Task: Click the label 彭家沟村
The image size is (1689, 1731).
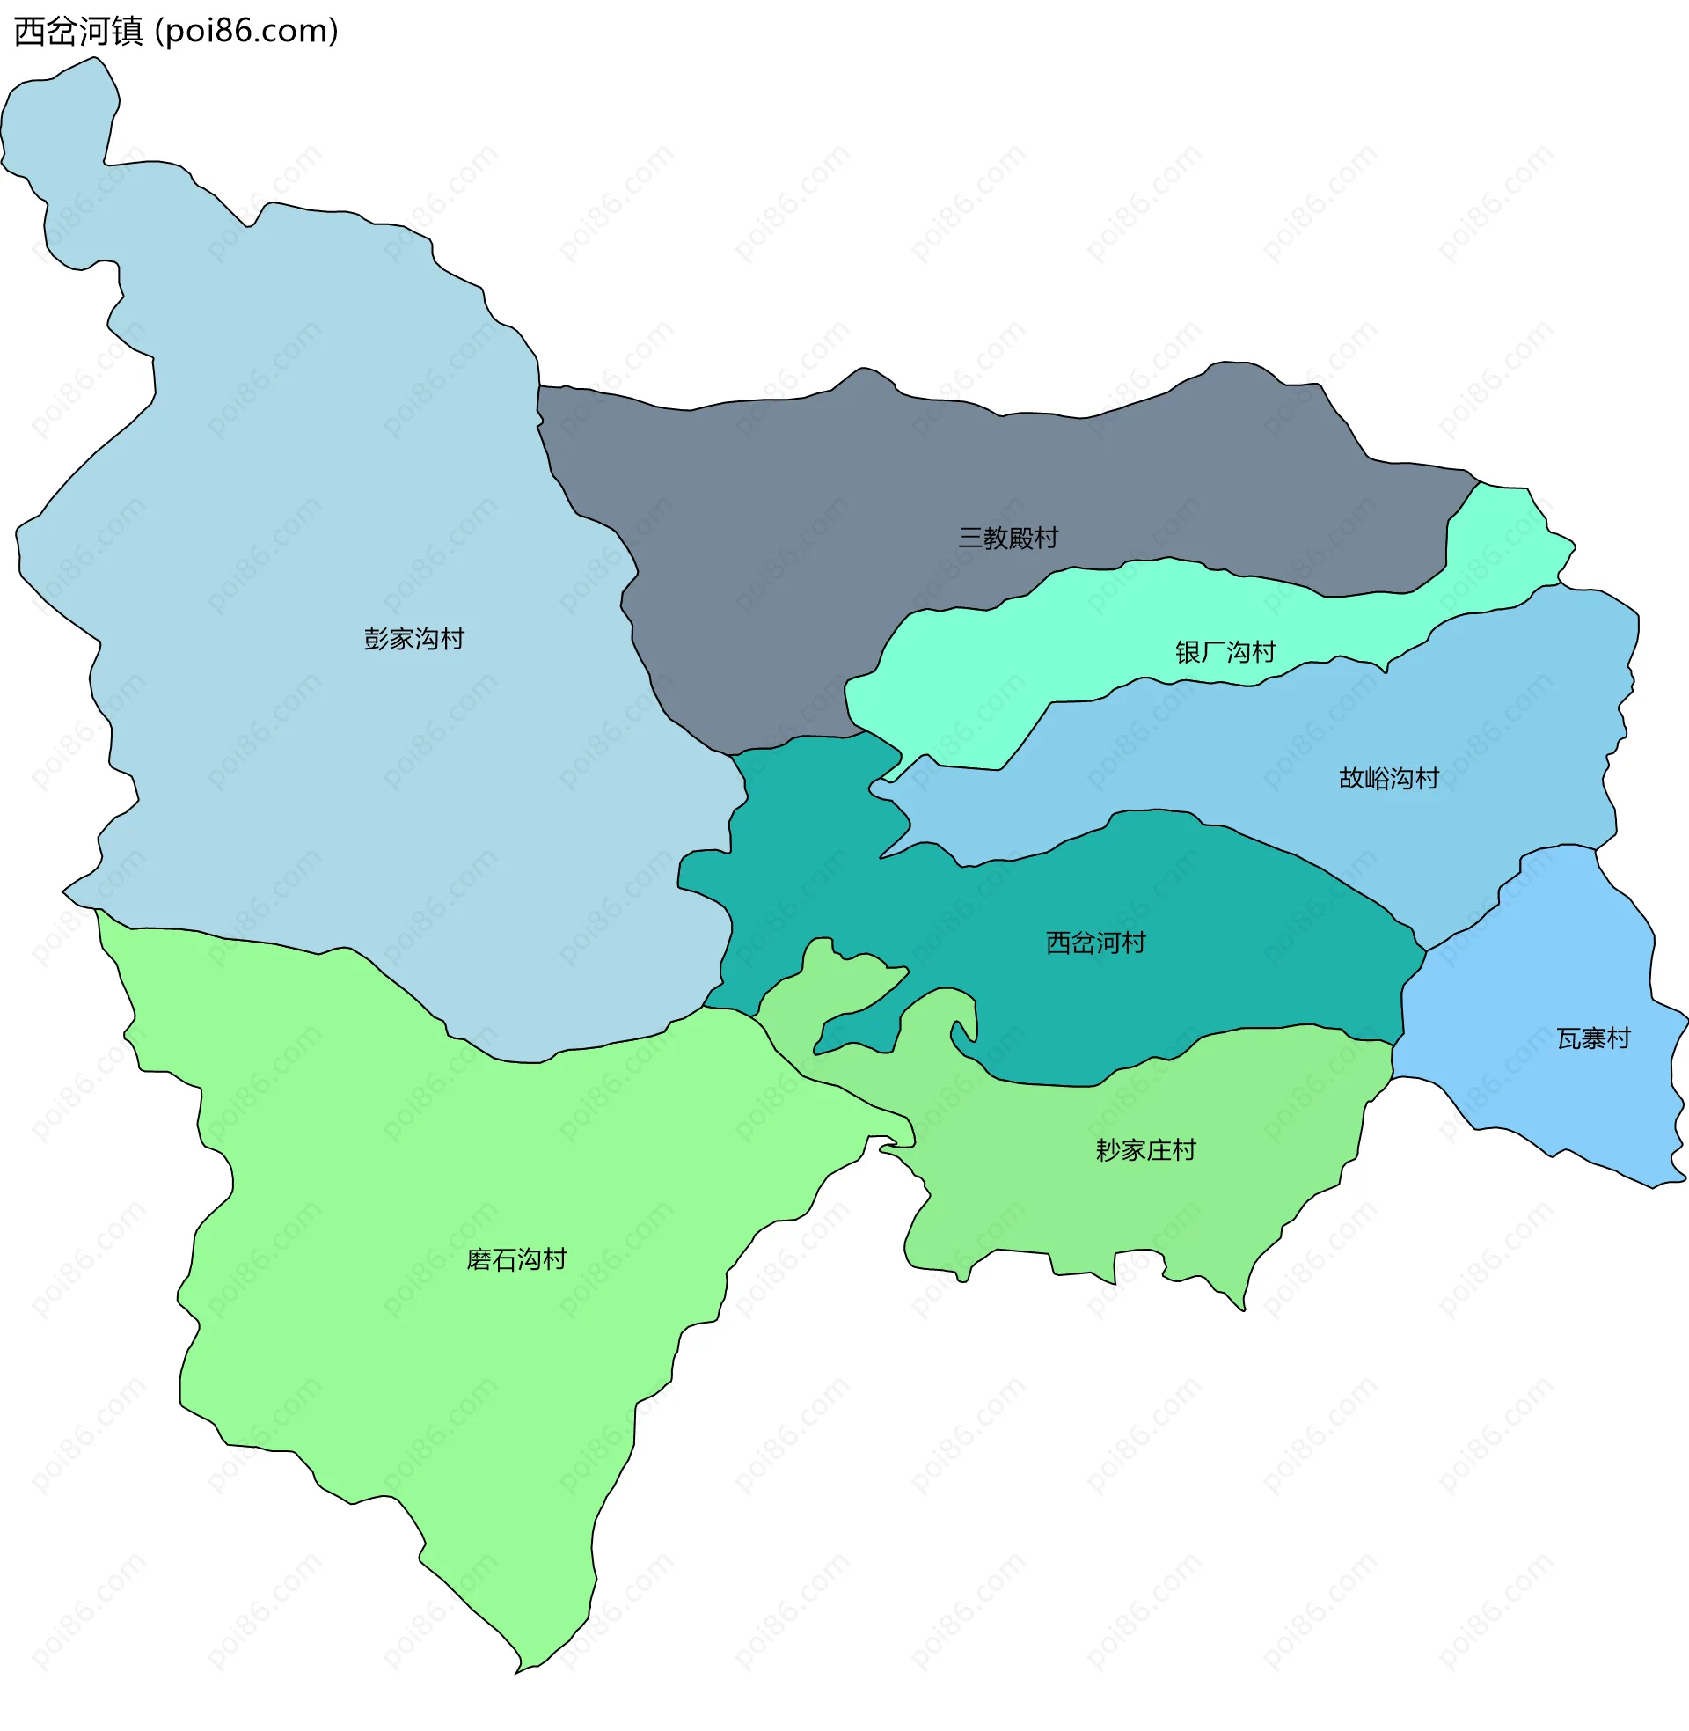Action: pyautogui.click(x=413, y=639)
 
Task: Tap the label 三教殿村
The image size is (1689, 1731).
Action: pyautogui.click(x=1008, y=538)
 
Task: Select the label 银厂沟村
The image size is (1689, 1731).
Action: pyautogui.click(x=1225, y=652)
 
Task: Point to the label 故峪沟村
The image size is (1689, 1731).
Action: pyautogui.click(x=1388, y=778)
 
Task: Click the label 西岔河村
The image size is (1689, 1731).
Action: pyautogui.click(x=1095, y=943)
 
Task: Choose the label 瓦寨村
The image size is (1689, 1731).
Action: pyautogui.click(x=1593, y=1038)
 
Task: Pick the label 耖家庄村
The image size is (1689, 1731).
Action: pyautogui.click(x=1145, y=1150)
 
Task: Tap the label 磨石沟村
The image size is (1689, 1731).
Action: pyautogui.click(x=516, y=1259)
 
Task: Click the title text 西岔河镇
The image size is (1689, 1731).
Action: pyautogui.click(x=78, y=32)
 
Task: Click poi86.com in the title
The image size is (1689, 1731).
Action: pyautogui.click(x=246, y=32)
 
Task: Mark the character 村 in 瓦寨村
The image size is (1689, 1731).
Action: pyautogui.click(x=1619, y=1038)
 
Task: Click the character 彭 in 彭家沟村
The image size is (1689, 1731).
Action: pyautogui.click(x=377, y=639)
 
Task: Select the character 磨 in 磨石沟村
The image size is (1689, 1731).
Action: pyautogui.click(x=479, y=1259)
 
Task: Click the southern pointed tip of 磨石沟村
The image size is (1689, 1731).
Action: pyautogui.click(x=518, y=1669)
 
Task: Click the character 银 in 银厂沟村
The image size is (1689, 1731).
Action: pyautogui.click(x=1188, y=652)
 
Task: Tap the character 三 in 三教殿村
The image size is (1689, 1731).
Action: pyautogui.click(x=970, y=538)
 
